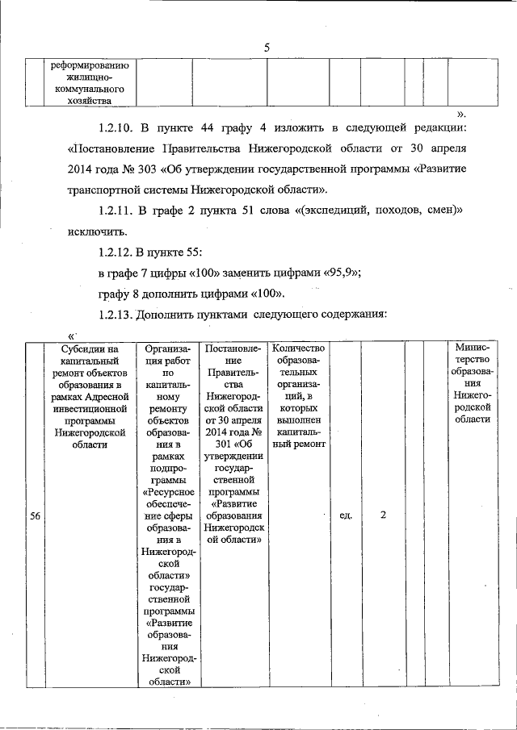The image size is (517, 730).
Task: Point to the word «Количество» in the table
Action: [298, 348]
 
